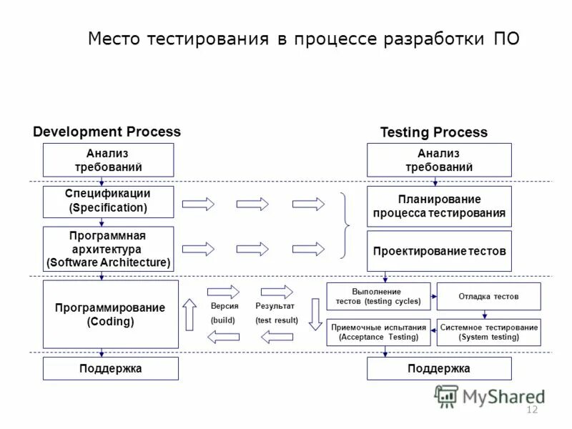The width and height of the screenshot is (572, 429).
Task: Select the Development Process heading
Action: click(107, 132)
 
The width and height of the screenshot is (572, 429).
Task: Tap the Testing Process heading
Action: click(434, 132)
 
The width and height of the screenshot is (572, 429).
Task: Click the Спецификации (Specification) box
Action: click(108, 201)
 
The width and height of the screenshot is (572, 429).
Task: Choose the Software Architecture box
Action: click(108, 249)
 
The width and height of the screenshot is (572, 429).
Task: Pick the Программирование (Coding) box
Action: click(110, 314)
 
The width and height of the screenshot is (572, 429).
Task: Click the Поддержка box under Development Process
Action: click(110, 368)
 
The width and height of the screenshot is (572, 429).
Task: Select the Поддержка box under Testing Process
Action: click(439, 368)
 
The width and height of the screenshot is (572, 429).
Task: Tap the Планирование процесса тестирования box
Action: click(439, 206)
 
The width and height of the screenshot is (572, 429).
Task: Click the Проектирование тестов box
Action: click(439, 251)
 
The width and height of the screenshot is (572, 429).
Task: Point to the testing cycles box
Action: click(378, 296)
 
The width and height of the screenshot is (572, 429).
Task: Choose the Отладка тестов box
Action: click(488, 296)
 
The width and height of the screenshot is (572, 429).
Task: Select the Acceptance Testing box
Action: click(378, 332)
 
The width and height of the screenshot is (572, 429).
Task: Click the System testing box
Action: click(488, 332)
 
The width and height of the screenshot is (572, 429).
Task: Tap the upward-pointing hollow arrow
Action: click(189, 314)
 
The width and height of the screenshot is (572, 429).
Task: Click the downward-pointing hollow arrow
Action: click(315, 314)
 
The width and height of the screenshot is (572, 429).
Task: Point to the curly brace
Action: click(346, 225)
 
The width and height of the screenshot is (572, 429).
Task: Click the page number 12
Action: click(531, 409)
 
